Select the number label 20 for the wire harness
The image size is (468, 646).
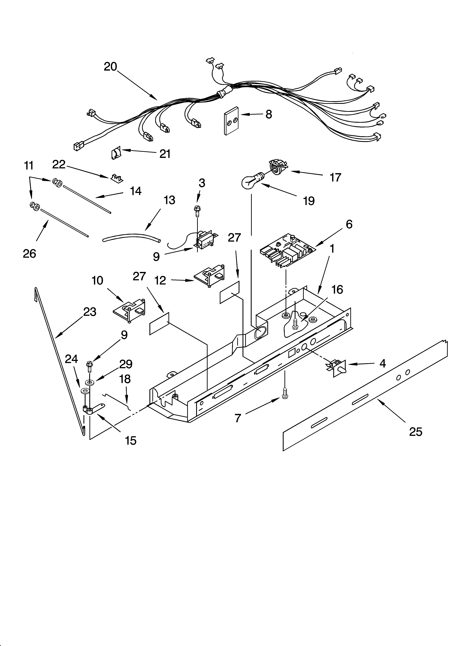point(110,67)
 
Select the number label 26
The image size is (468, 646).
point(29,253)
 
